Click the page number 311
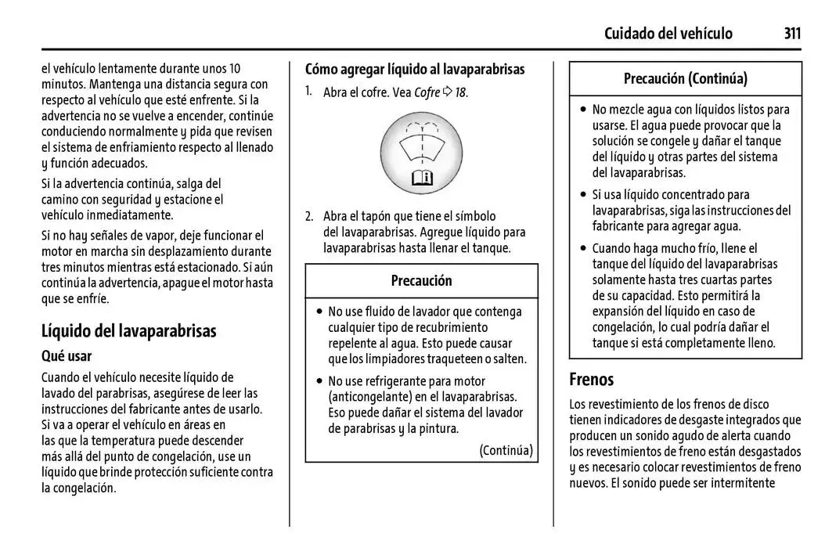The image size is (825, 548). click(791, 33)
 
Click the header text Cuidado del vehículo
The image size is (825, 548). click(668, 33)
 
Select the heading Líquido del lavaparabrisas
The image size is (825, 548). click(128, 330)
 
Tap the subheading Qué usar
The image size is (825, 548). click(67, 356)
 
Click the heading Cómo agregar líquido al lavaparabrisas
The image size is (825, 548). click(415, 69)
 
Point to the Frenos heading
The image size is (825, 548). click(591, 380)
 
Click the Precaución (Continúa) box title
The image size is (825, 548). click(685, 78)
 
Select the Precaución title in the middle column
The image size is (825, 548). click(421, 280)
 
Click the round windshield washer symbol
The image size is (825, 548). click(421, 153)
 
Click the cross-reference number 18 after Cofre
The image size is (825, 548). click(461, 92)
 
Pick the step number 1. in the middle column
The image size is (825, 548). click(310, 92)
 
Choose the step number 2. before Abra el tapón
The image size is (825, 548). click(310, 216)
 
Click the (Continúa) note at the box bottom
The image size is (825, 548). click(506, 450)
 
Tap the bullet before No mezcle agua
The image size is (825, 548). click(583, 110)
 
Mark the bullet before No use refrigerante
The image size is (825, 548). click(319, 381)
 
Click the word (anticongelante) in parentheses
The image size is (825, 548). click(369, 397)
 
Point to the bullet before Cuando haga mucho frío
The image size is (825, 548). click(583, 249)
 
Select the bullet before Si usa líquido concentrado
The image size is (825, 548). click(583, 195)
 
